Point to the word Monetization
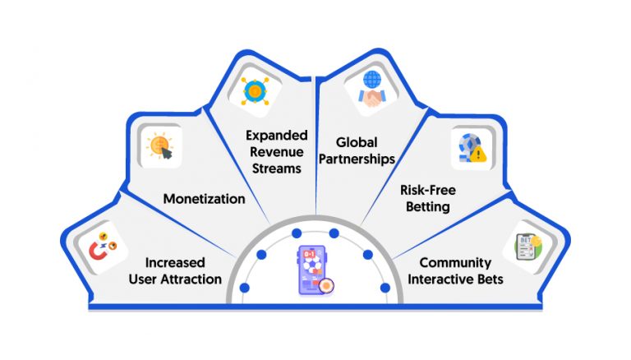[203, 198]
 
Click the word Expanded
[271, 135]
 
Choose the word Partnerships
[361, 159]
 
